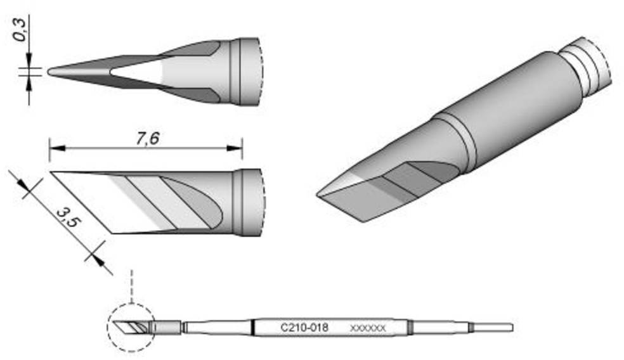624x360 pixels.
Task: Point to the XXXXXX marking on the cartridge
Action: [x=368, y=328]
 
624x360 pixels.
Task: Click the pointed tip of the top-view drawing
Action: [x=50, y=72]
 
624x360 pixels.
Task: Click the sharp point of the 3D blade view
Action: [x=318, y=194]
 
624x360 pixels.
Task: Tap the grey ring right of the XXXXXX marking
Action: [x=410, y=328]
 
